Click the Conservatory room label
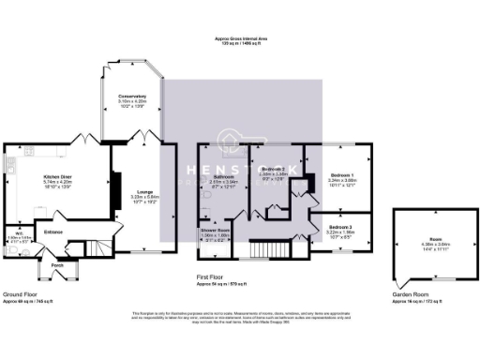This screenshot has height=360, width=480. point(131,96)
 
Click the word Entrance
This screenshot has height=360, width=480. point(53,230)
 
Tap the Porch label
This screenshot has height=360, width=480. point(57,265)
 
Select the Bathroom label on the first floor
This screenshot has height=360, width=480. point(223,176)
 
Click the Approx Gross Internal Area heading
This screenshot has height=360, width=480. point(240,39)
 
